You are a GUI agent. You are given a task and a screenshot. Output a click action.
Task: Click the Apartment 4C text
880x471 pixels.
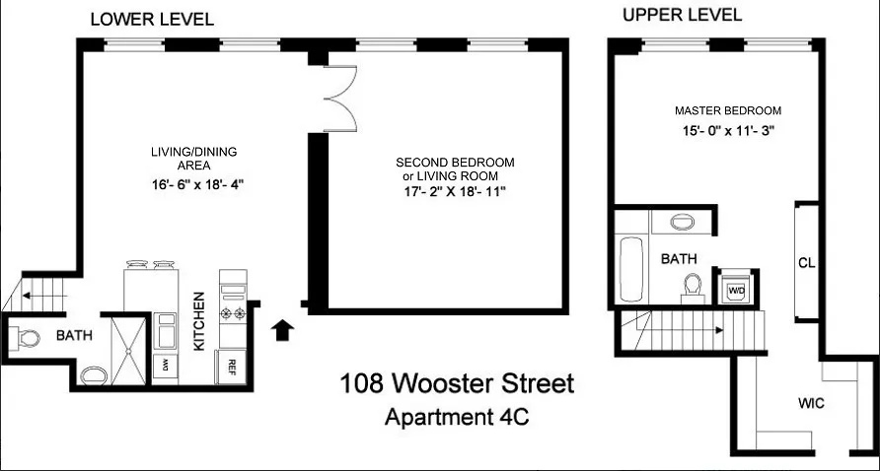[456, 416]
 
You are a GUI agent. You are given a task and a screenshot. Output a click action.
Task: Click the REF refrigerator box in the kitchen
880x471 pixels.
[232, 365]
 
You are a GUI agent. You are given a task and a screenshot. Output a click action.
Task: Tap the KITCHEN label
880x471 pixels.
[199, 320]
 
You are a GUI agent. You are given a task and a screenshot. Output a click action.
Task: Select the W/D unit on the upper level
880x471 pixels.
[736, 291]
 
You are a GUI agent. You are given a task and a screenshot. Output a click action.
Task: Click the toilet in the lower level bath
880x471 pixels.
[29, 338]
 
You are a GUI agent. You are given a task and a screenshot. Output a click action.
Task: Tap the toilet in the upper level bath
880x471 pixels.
[692, 285]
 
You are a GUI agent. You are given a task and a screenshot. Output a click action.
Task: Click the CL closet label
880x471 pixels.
[805, 263]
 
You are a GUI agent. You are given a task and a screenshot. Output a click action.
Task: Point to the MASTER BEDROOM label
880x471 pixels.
[728, 110]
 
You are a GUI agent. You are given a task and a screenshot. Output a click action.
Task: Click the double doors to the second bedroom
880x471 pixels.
[339, 98]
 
